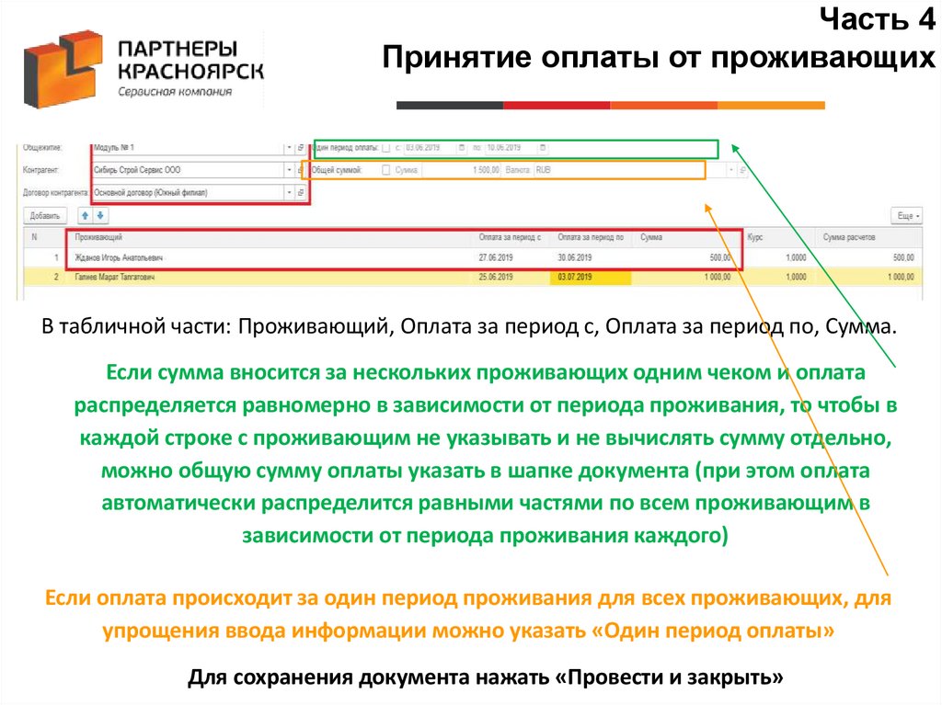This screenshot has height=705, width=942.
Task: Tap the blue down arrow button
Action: [100, 215]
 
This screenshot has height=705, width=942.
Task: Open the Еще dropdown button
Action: [907, 215]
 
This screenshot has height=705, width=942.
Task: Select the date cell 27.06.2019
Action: [498, 258]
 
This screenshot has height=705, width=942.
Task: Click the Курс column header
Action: [755, 237]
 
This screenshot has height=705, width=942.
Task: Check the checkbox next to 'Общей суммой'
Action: [385, 170]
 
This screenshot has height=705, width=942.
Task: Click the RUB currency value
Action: [543, 170]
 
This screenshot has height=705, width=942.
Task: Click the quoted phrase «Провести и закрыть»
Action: [671, 678]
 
